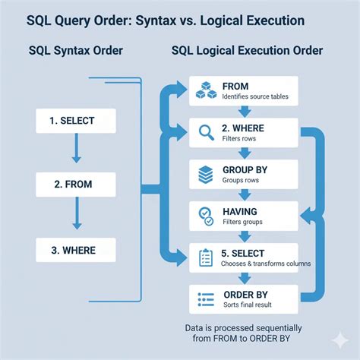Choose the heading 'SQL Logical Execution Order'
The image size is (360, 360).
pyautogui.click(x=248, y=51)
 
